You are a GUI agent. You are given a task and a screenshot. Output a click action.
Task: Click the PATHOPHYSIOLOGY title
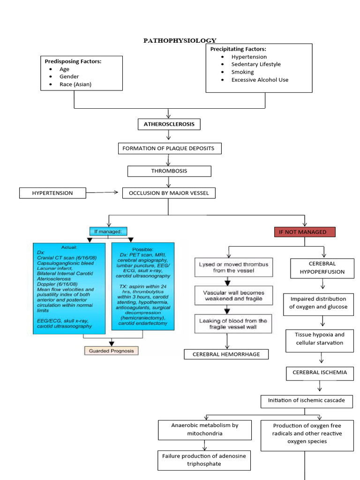[180, 40]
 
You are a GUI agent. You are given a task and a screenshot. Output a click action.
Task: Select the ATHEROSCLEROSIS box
[169, 124]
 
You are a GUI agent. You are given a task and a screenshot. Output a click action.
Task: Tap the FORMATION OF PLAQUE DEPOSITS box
[169, 149]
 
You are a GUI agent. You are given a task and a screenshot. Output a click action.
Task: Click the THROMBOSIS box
[169, 171]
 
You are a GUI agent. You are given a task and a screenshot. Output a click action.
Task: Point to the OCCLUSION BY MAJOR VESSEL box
[169, 193]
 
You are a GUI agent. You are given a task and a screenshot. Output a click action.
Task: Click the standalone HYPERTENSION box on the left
[52, 193]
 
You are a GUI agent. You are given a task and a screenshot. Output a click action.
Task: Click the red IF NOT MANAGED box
[305, 232]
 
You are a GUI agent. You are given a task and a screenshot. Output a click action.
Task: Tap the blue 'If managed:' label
[108, 231]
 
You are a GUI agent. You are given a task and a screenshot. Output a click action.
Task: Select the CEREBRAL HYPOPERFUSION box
[322, 268]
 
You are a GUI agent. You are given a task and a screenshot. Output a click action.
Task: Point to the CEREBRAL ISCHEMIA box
[320, 373]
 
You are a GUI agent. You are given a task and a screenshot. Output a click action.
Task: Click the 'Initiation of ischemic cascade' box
[307, 401]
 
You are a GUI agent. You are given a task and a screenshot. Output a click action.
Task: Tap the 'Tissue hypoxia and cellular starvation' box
[319, 339]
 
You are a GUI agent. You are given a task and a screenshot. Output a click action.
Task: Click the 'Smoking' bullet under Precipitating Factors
[242, 72]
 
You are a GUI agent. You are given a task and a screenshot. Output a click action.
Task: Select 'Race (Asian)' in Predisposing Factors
[75, 84]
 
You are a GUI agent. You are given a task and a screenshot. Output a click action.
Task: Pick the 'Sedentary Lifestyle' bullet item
[256, 64]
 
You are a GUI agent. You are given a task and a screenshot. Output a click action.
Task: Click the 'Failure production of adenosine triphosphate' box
[203, 460]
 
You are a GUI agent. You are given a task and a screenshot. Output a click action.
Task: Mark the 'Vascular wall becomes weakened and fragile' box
[232, 295]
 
